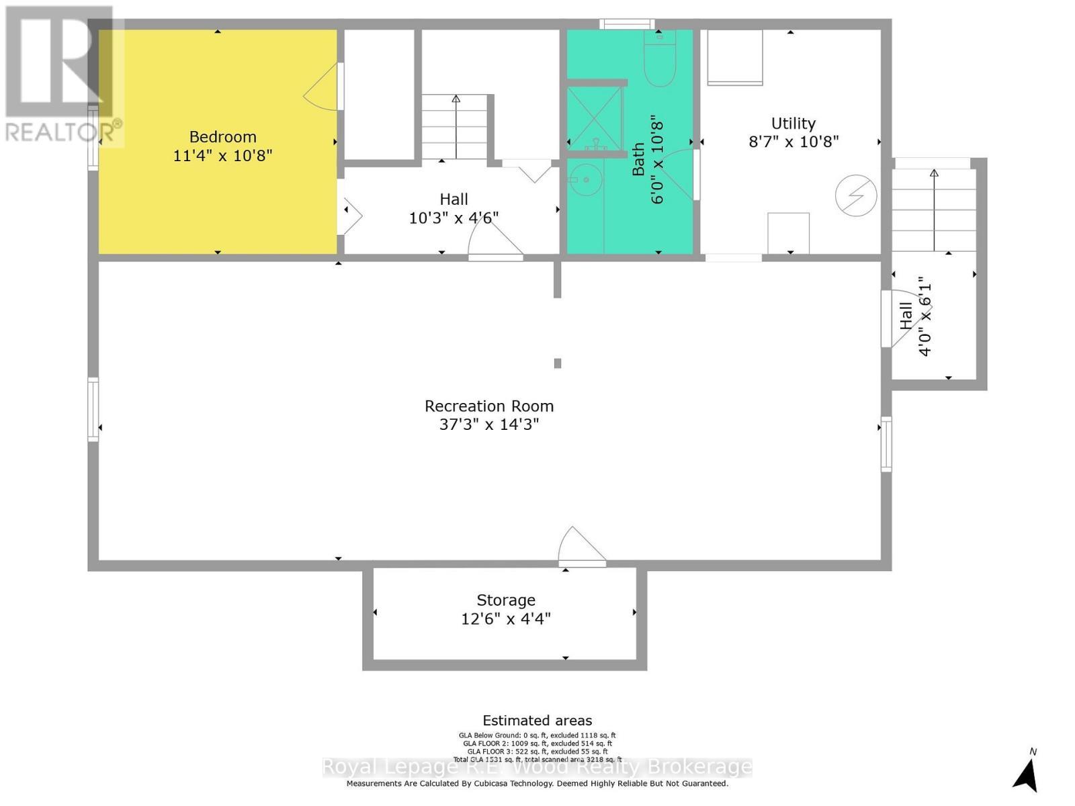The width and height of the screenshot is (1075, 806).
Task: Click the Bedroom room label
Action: pos(222,137)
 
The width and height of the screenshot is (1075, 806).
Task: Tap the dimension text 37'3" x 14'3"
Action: pos(489,424)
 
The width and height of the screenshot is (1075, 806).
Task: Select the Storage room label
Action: pos(506,600)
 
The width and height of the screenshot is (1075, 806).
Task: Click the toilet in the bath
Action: pos(659,60)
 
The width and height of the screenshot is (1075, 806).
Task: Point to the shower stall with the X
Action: pos(594,118)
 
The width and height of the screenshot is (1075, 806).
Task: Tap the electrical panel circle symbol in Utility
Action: pos(856,195)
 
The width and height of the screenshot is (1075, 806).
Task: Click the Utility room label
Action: pos(793,124)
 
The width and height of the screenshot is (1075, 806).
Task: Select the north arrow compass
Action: pos(1026,772)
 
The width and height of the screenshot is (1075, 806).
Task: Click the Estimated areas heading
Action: pos(537,721)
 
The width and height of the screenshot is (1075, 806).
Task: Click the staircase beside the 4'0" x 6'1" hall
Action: pos(934,210)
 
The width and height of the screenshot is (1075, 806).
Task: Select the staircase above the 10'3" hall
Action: pos(455,127)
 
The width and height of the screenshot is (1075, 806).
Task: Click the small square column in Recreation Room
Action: pos(557,363)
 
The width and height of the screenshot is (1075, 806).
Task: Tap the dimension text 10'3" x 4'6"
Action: pos(454,218)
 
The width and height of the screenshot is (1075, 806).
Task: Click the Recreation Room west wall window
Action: pos(93,409)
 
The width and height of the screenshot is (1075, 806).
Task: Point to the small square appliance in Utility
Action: pos(788,232)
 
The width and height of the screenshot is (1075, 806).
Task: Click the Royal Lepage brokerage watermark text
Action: pos(537,767)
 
